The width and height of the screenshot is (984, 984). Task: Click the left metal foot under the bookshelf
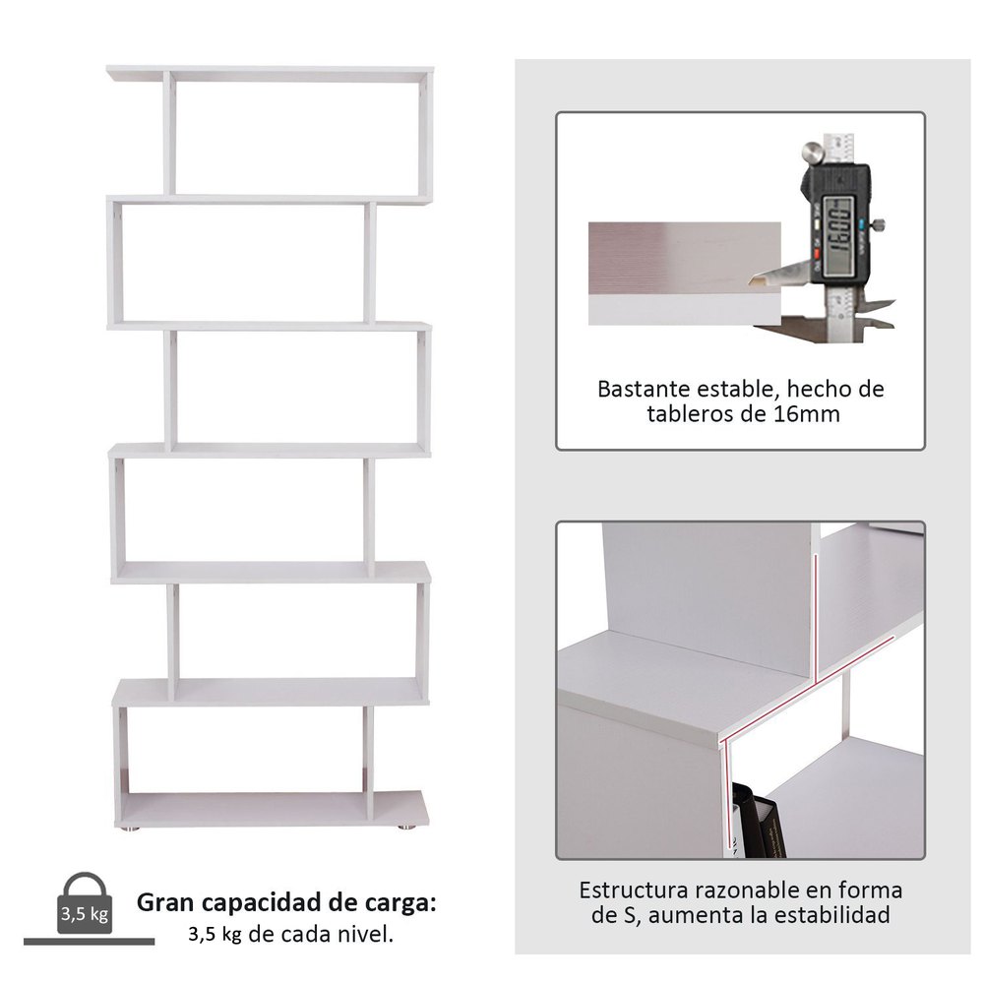click(131, 829)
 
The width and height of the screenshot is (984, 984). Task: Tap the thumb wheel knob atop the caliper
click(813, 154)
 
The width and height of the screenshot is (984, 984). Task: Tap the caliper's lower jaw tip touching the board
click(752, 281)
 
